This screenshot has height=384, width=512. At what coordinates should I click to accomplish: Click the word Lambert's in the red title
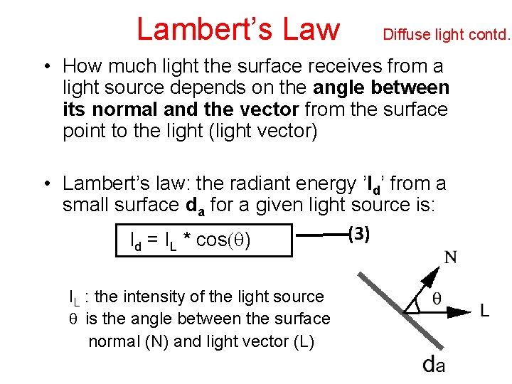pos(200,28)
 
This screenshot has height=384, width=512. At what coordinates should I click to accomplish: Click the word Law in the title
pos(310,28)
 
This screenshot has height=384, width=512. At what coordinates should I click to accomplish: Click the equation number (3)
pos(360,233)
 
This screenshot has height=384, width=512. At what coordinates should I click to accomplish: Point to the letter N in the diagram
pos(450,257)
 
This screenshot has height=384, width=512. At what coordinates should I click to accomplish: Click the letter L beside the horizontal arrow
pos(484,311)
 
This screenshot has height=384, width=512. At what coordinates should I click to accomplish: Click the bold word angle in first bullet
pos(343,88)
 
